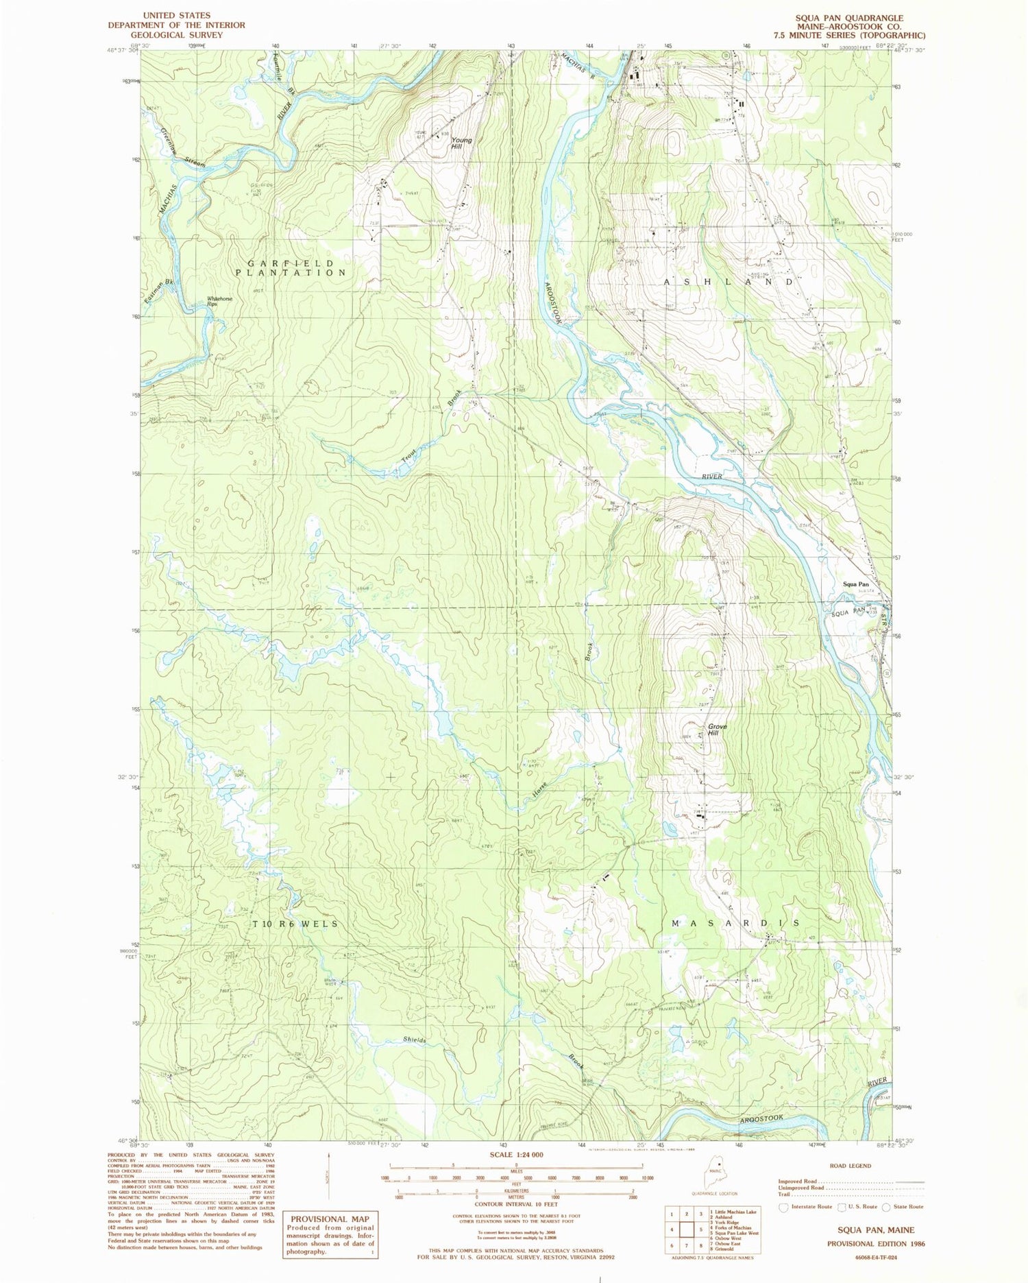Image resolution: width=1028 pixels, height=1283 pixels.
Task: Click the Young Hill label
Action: point(461,143)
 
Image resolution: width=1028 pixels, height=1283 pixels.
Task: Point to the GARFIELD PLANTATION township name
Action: point(291,268)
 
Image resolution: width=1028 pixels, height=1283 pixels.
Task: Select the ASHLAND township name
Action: point(729,282)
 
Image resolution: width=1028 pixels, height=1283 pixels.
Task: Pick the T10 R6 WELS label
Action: point(295,924)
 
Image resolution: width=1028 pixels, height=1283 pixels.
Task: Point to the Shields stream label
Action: point(414,1040)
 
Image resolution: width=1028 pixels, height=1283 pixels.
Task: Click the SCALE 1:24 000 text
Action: point(515,1155)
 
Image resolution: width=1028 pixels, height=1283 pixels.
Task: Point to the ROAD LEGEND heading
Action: point(850,1166)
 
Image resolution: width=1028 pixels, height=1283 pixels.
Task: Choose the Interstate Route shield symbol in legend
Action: point(784,1206)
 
